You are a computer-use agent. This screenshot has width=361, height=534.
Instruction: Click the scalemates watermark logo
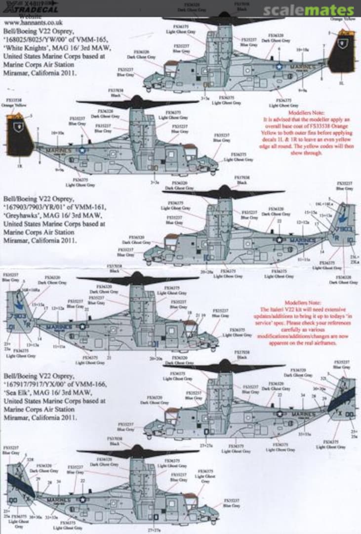308,10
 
